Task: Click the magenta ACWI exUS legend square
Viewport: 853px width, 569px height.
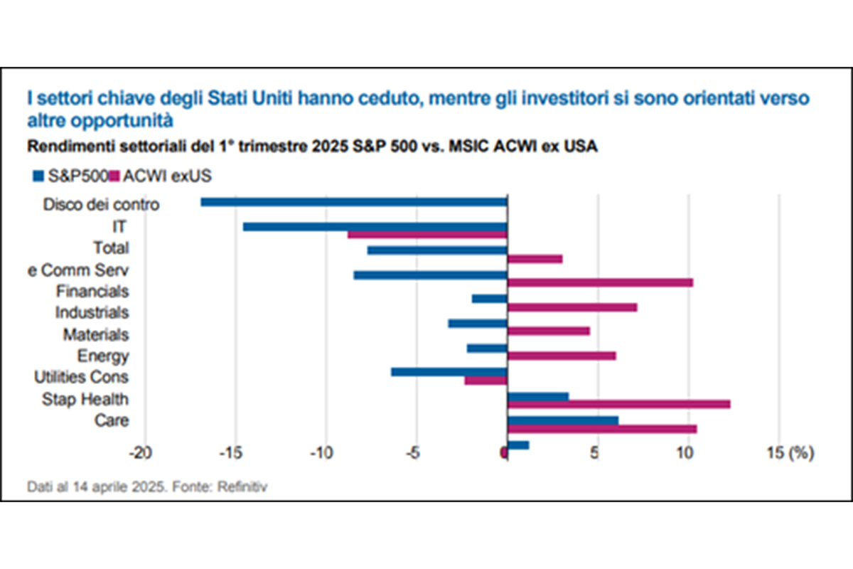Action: tap(114, 174)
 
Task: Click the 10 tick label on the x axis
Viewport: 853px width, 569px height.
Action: tap(686, 452)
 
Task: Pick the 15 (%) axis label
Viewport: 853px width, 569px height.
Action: tap(790, 452)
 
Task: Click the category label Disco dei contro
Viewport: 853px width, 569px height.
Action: tap(101, 205)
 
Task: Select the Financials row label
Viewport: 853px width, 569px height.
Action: tap(92, 291)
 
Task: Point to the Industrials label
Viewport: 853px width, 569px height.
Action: tap(92, 312)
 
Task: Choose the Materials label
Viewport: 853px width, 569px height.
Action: tap(96, 334)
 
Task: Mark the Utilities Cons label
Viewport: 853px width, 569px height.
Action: tap(82, 377)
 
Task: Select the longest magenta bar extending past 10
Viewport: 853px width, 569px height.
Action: tap(618, 404)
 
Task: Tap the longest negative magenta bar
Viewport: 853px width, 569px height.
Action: tap(426, 235)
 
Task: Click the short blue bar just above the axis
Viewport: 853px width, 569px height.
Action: tap(518, 445)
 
